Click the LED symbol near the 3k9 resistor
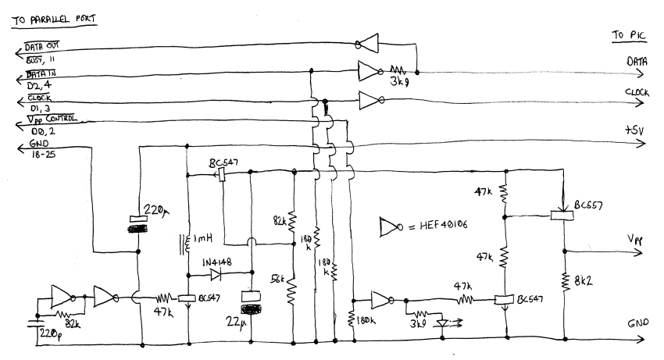446,321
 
